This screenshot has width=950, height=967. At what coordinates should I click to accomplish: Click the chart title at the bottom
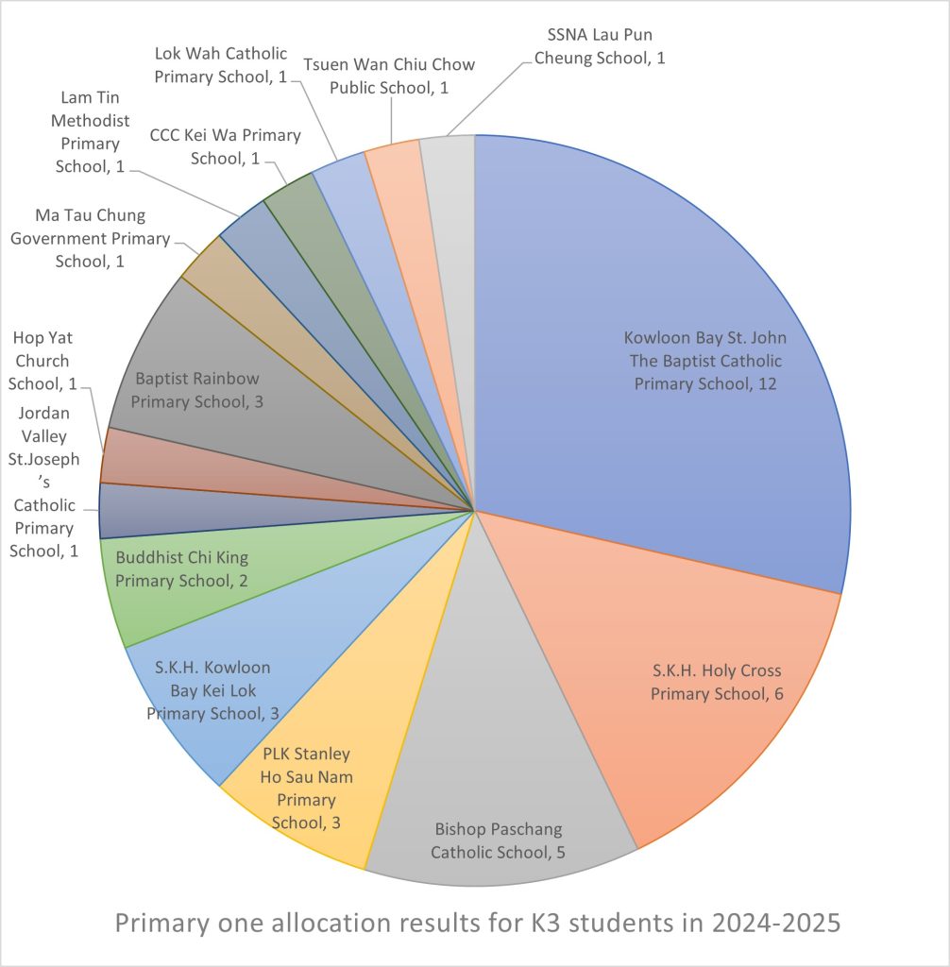click(477, 923)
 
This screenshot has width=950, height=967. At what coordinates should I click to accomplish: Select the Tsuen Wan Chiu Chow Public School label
click(389, 76)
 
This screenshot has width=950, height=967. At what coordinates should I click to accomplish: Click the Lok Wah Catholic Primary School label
click(221, 64)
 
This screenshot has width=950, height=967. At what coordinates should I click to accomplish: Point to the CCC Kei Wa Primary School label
click(225, 146)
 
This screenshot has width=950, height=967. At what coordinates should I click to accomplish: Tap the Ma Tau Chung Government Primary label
click(90, 238)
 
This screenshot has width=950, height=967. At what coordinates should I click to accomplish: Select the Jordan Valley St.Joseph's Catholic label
click(43, 482)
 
